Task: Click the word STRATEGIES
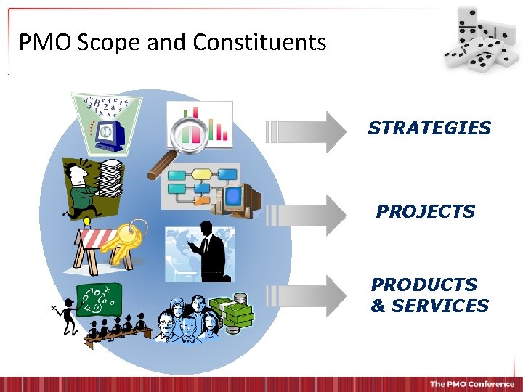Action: (x=429, y=128)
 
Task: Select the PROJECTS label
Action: (x=425, y=212)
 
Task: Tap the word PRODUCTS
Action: (x=424, y=285)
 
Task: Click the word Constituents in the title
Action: (x=259, y=43)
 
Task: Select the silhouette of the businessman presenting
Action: (x=209, y=251)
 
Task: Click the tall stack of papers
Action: (x=110, y=179)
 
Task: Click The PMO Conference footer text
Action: (x=471, y=383)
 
